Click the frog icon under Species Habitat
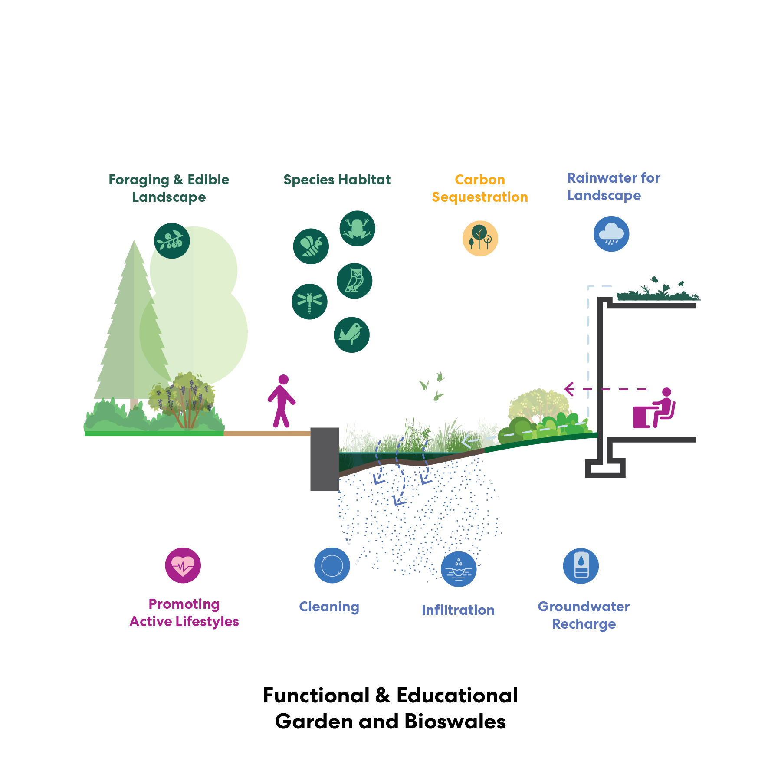pos(357,229)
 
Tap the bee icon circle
pos(311,246)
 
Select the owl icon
pos(354,281)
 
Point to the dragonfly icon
pos(309,302)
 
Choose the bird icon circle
pos(351,335)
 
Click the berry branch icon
pos(172,241)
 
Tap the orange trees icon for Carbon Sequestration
pos(480,238)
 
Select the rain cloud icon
pos(611,234)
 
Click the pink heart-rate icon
pos(183,565)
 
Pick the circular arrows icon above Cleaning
pos(332,565)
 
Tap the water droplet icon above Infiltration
pos(459,569)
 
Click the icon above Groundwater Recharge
pos(581,566)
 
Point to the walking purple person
pos(282,401)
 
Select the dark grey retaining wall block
pos(325,459)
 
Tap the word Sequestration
pos(480,197)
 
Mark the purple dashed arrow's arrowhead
pos(569,389)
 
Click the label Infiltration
pos(458,610)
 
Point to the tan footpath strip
pos(267,433)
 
